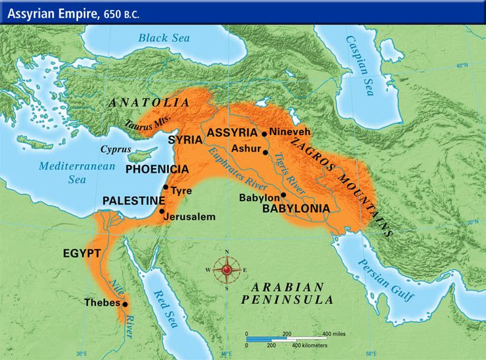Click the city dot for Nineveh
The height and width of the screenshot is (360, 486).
click(264, 134)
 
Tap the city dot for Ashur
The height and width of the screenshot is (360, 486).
click(265, 152)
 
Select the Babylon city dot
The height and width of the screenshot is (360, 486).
click(283, 195)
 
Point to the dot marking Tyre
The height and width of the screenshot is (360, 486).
click(165, 187)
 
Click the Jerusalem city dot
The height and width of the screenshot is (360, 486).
click(161, 211)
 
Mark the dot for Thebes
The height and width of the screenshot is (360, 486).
click(124, 304)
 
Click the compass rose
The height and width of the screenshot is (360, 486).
click(227, 269)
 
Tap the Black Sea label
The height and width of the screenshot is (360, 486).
click(163, 38)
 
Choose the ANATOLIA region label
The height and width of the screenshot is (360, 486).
click(149, 103)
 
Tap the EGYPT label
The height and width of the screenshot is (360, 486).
click(81, 253)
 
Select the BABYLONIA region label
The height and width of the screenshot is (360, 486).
click(296, 208)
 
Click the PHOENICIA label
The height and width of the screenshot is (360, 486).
click(157, 169)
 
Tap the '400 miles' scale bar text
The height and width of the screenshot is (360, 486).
click(335, 334)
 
